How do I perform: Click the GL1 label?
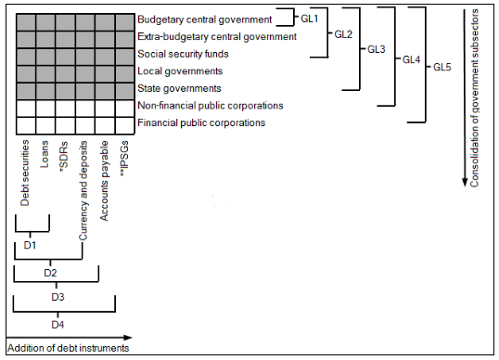point(310,17)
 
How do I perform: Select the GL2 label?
point(343,34)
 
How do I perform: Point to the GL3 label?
point(377,49)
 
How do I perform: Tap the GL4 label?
point(410,59)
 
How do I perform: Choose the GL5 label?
point(443,69)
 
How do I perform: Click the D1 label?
point(31,245)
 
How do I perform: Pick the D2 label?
point(51,273)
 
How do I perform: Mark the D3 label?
point(58,299)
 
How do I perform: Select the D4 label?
point(58,325)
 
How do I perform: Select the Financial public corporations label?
point(201,122)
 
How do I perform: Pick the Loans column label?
point(45,152)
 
